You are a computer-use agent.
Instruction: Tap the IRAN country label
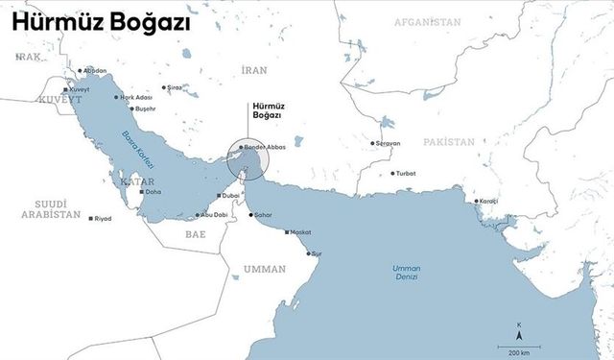pyautogui.click(x=254, y=70)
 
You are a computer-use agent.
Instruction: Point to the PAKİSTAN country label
pyautogui.click(x=448, y=141)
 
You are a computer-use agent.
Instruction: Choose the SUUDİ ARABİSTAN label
pyautogui.click(x=52, y=209)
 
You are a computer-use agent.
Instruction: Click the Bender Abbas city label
pyautogui.click(x=266, y=147)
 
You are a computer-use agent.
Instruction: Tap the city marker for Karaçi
pyautogui.click(x=476, y=201)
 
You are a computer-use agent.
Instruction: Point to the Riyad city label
pyautogui.click(x=103, y=219)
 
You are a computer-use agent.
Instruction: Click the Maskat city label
pyautogui.click(x=300, y=232)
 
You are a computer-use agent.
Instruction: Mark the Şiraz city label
pyautogui.click(x=174, y=87)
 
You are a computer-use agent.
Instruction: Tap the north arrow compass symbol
pyautogui.click(x=519, y=333)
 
